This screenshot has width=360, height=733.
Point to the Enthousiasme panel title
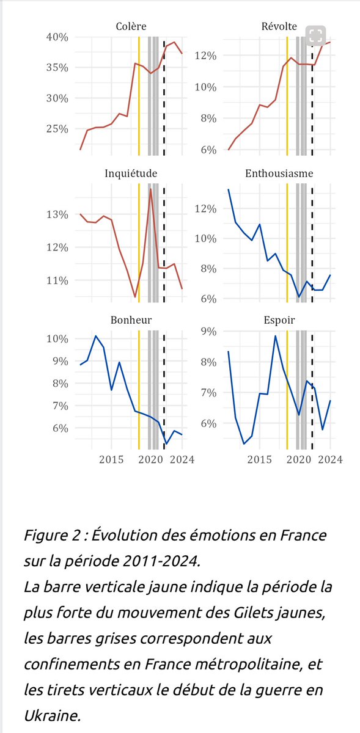pyautogui.click(x=279, y=173)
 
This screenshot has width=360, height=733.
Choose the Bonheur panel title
pyautogui.click(x=131, y=319)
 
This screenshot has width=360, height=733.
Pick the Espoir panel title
pyautogui.click(x=279, y=319)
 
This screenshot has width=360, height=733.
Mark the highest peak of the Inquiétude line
pyautogui.click(x=151, y=189)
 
